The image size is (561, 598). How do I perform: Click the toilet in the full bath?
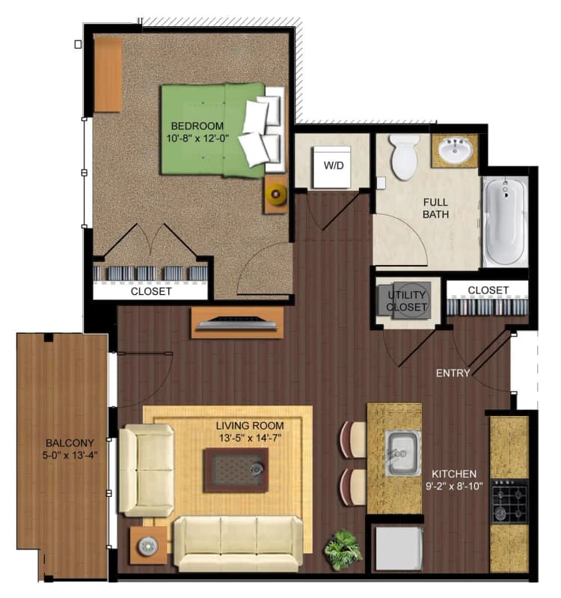coord(405,156)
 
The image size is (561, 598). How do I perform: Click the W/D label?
coord(333,165)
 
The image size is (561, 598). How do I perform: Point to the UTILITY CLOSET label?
coord(406,300)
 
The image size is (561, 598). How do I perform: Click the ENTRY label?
coord(454,373)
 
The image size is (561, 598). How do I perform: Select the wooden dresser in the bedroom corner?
coord(108,75)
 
